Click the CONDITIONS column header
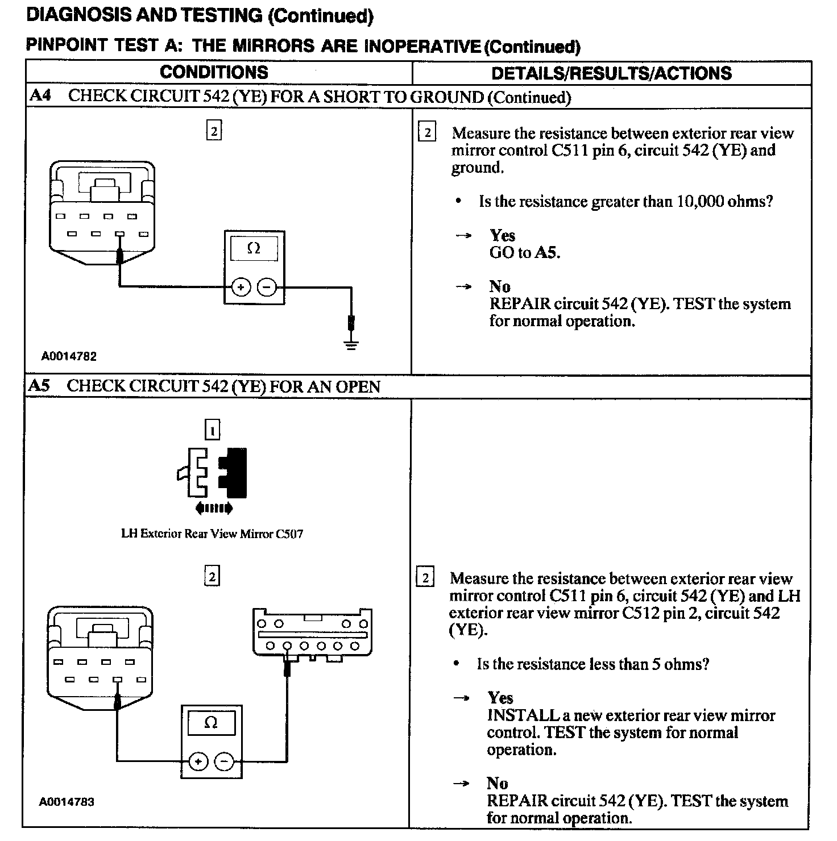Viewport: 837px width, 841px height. tap(214, 72)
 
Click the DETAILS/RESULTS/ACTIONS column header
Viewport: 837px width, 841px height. tap(611, 73)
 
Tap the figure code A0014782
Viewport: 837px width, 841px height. tap(69, 356)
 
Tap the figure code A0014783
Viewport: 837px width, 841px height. tap(67, 802)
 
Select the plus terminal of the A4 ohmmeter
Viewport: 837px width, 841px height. tap(241, 288)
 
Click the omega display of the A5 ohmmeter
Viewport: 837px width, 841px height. tap(210, 723)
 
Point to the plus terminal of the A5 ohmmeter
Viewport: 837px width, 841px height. tap(198, 761)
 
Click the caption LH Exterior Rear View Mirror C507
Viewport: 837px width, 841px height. tap(212, 534)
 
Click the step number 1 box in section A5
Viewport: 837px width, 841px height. tap(212, 431)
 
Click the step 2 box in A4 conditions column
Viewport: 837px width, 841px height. tap(213, 131)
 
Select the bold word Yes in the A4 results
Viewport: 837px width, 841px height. tap(502, 235)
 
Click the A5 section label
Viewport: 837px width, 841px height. tap(39, 386)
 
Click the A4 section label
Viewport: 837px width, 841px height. tap(40, 95)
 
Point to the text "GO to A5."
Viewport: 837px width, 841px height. tap(524, 252)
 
